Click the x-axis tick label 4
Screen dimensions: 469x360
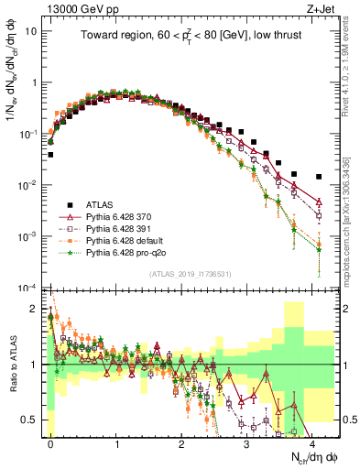point(312,443)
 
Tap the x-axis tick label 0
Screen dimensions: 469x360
point(50,443)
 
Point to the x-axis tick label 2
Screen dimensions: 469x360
point(181,443)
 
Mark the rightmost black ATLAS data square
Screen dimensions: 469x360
point(319,177)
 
